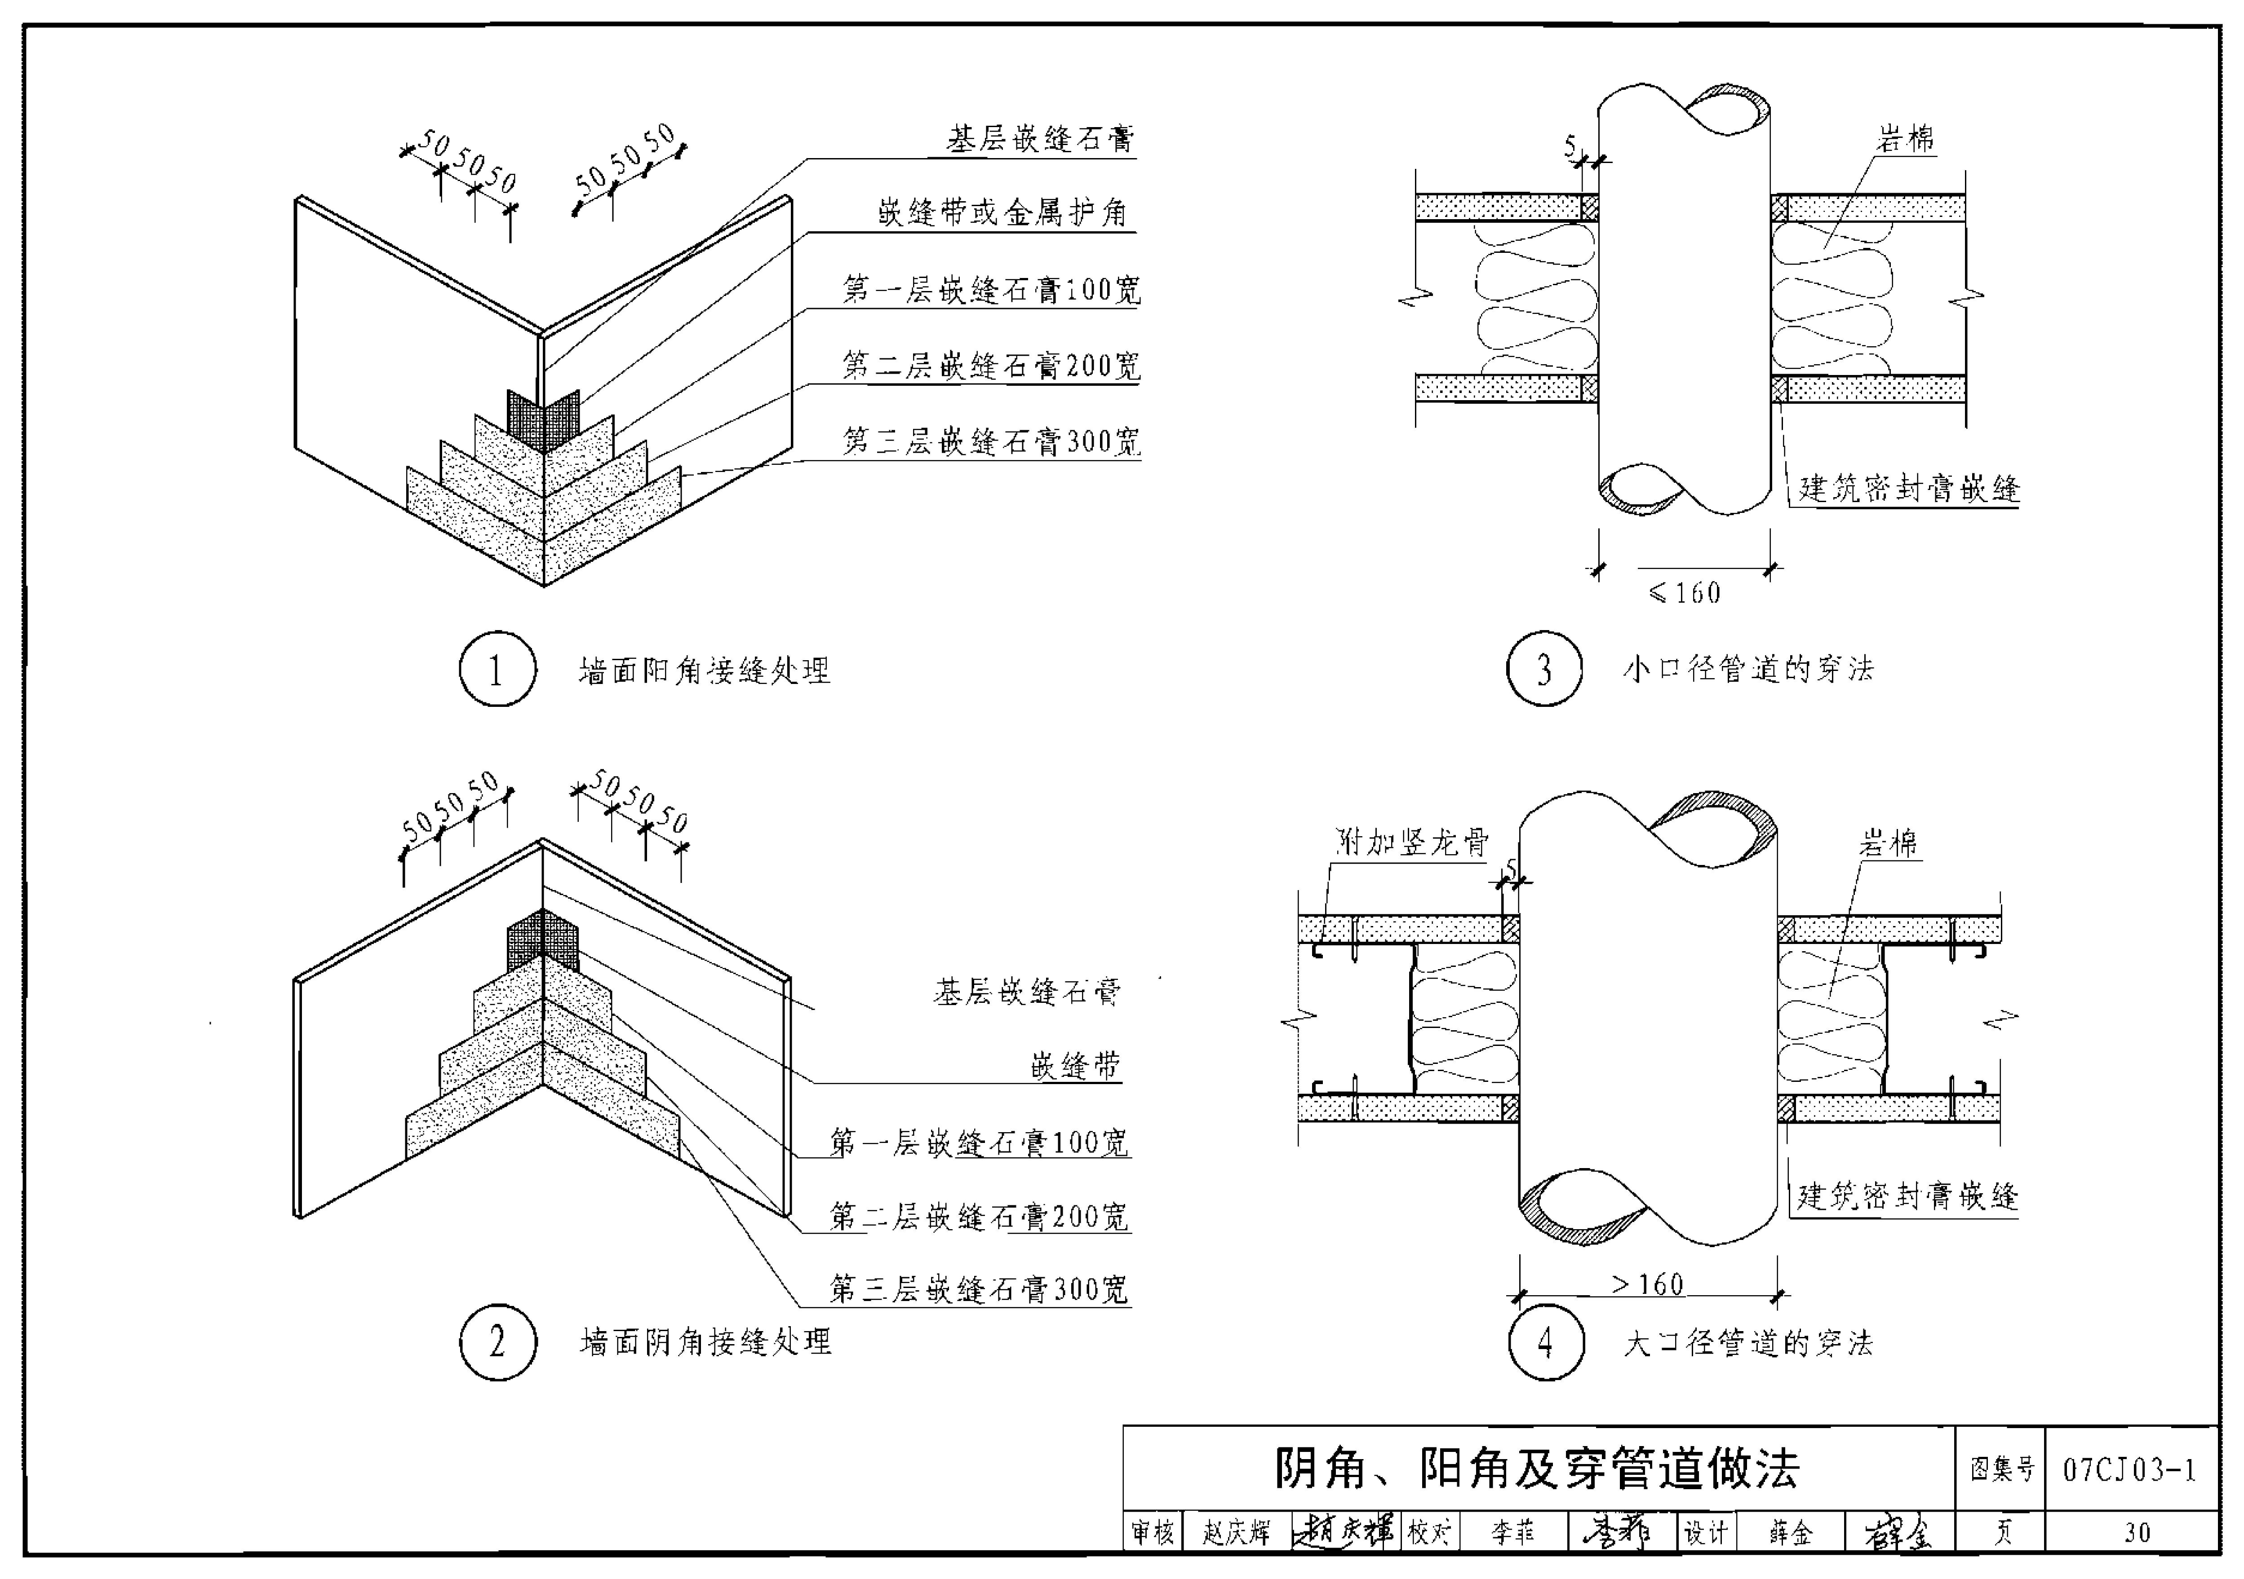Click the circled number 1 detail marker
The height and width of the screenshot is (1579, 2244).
(x=497, y=669)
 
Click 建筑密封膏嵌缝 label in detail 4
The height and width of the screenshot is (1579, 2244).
(x=1908, y=1196)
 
